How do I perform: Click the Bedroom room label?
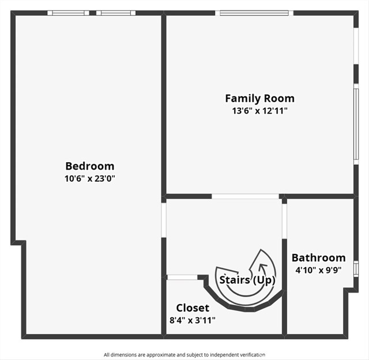(89, 166)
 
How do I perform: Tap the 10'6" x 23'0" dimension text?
(89, 179)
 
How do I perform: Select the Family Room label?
(259, 98)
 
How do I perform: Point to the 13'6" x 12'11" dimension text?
(259, 111)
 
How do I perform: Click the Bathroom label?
(318, 258)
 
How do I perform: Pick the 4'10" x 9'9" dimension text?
(318, 269)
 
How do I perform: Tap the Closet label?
(193, 308)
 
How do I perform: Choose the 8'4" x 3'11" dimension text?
(193, 320)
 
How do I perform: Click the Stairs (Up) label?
(247, 280)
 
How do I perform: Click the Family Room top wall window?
(254, 13)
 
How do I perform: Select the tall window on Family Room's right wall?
(356, 123)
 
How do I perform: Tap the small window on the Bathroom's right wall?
(356, 269)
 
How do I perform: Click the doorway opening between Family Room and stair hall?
(245, 196)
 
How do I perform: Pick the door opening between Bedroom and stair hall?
(164, 219)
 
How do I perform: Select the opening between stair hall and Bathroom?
(284, 219)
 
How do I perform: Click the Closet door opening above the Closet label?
(182, 277)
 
